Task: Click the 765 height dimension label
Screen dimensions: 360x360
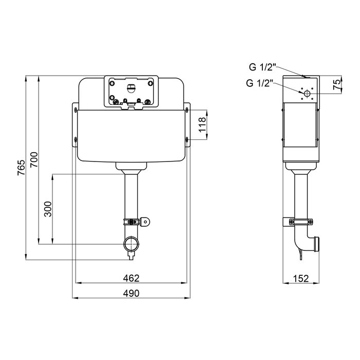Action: point(21,168)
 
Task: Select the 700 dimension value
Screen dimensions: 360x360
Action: point(34,159)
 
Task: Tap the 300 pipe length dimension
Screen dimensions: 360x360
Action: point(48,209)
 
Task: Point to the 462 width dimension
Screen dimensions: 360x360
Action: point(131,278)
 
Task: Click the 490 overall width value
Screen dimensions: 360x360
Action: point(131,293)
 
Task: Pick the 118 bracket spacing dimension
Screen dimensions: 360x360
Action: point(203,124)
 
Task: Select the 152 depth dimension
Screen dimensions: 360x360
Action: point(301,279)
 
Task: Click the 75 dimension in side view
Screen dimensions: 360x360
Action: point(337,84)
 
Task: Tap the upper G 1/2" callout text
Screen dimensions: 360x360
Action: point(262,67)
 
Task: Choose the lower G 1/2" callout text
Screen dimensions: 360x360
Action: point(259,83)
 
